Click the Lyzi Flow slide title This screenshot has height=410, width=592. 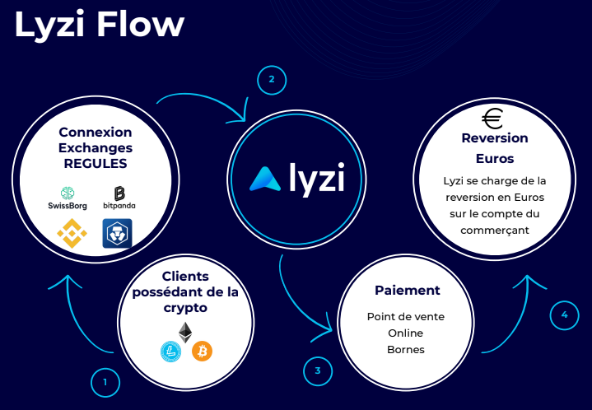coord(99,24)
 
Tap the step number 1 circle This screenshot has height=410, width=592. coord(105,382)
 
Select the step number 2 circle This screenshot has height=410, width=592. coord(271,80)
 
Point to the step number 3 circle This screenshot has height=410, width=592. coord(317,370)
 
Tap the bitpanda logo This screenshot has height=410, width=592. coord(119,198)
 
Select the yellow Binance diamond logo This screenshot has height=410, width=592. coord(72,234)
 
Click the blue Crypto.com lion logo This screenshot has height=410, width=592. coord(117,234)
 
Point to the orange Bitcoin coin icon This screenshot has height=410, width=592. coord(202,352)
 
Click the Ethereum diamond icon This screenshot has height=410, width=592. coord(185,333)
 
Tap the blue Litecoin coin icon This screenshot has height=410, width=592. coord(170,352)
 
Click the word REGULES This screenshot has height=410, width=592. coord(96,163)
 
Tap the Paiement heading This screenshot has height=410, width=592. coord(407,291)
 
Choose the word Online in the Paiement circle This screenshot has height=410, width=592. coord(406,333)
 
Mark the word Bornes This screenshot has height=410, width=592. coord(406,348)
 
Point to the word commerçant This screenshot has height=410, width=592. coord(494,231)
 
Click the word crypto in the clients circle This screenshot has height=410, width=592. coord(184,308)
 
